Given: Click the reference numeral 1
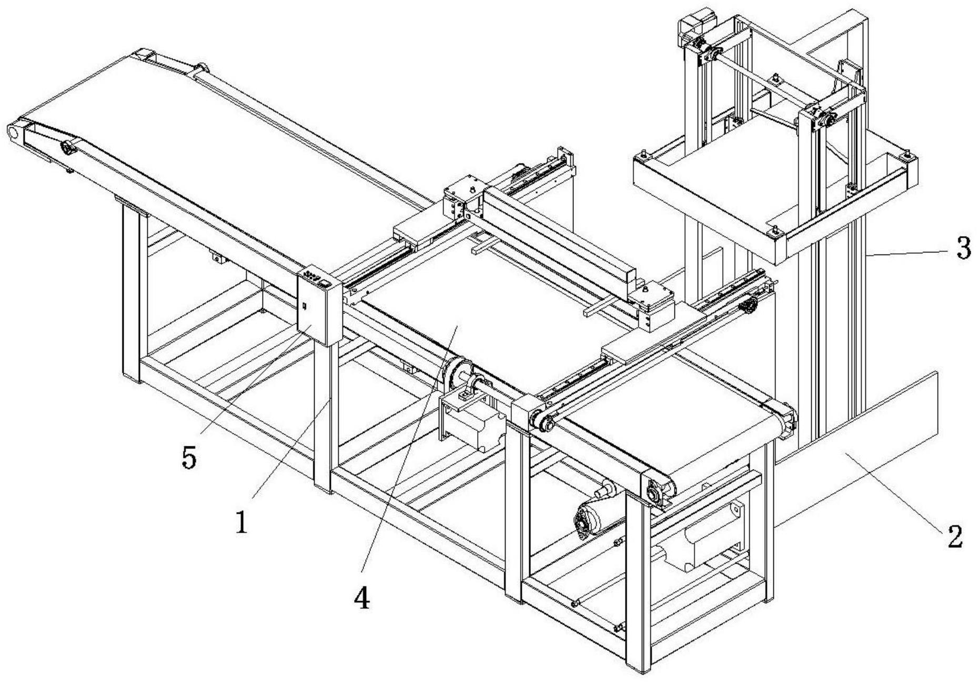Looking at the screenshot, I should pyautogui.click(x=241, y=522).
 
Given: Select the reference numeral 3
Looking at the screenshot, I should pyautogui.click(x=963, y=249).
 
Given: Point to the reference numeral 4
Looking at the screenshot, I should pyautogui.click(x=362, y=598).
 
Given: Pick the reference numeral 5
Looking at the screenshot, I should pyautogui.click(x=189, y=458).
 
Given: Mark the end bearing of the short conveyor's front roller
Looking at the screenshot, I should pyautogui.click(x=655, y=493).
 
